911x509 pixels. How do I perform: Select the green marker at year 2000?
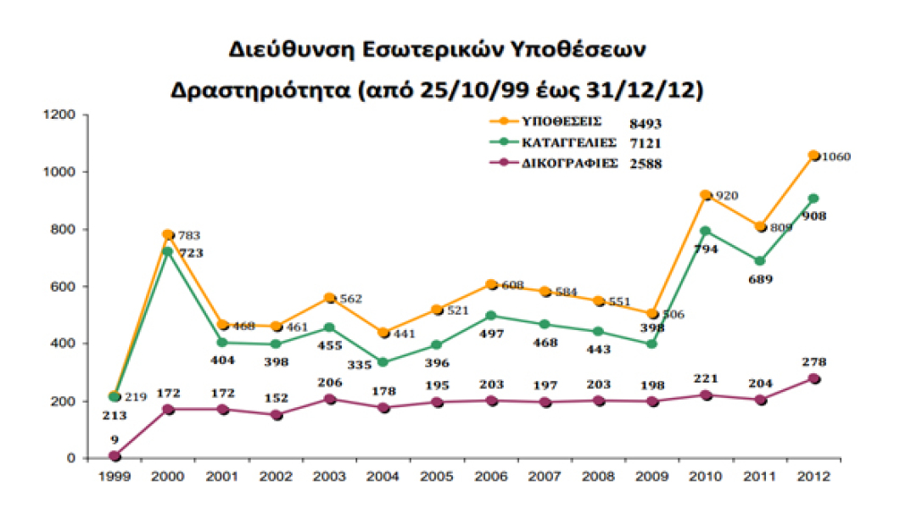click(168, 252)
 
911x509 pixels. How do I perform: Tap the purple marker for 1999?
click(115, 456)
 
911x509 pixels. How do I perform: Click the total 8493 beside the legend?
click(645, 123)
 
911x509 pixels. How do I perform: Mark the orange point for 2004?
click(383, 333)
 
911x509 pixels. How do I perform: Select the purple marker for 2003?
click(329, 399)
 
